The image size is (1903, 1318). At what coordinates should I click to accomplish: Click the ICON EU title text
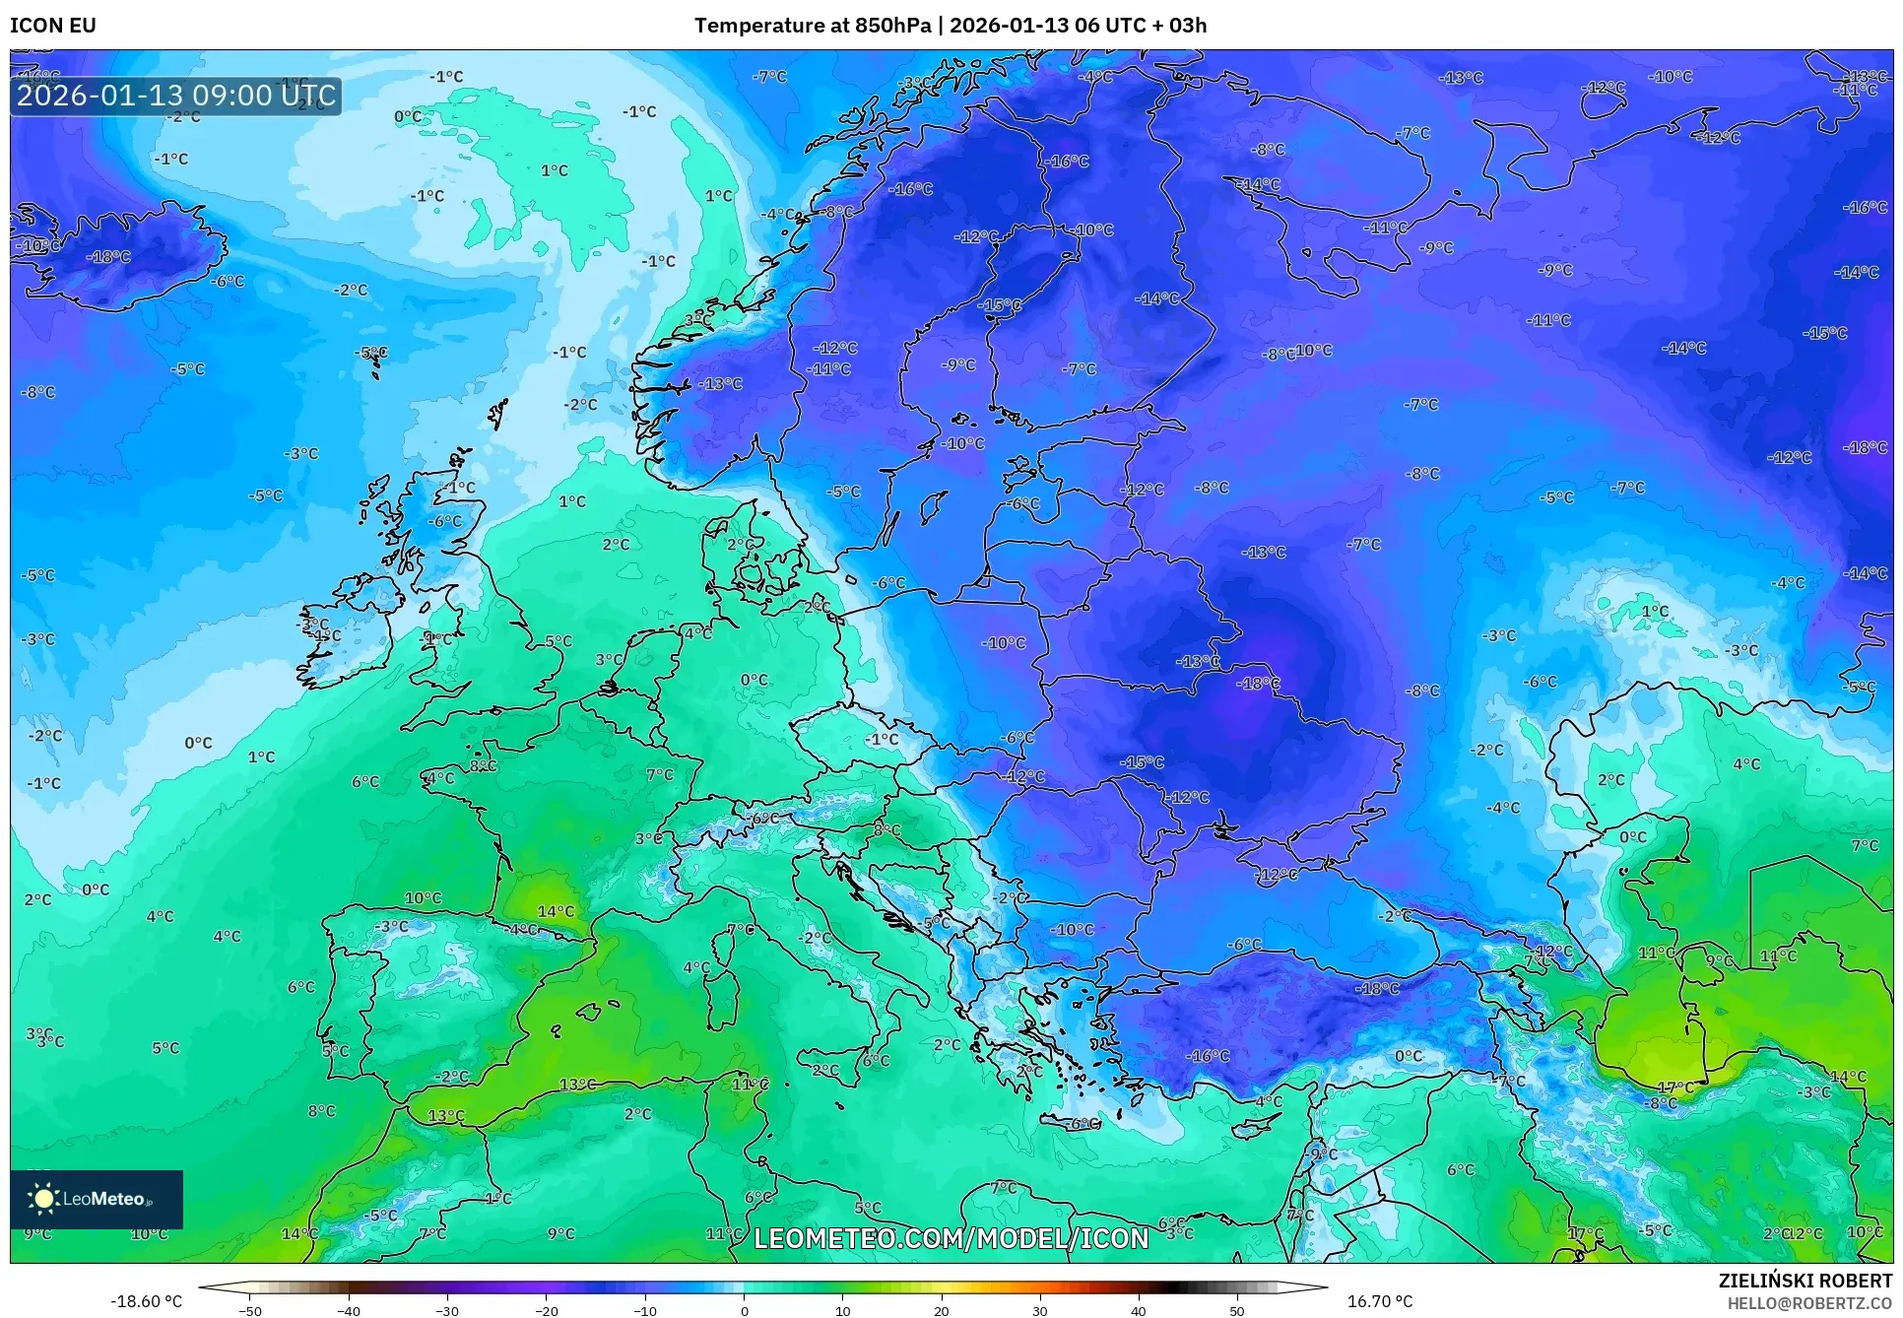pos(53,26)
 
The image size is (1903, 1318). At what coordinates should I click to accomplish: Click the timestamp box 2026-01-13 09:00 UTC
pos(176,96)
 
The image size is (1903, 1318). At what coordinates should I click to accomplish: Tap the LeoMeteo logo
pos(96,1199)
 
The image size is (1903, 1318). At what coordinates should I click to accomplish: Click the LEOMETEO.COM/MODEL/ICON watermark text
pos(951,1238)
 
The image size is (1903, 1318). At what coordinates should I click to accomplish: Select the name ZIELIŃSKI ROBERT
pos(1805,1281)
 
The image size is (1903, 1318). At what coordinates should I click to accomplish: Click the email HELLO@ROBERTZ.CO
pos(1809,1303)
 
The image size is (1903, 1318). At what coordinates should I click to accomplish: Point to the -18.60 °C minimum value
pos(146,1301)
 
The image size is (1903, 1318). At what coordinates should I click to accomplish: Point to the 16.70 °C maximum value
pos(1379,1301)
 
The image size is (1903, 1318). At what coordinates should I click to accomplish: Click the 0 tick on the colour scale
pos(744,1310)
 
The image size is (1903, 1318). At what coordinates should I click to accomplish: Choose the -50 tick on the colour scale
pos(250,1310)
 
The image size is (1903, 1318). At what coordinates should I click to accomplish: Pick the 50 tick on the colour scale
pos(1237,1310)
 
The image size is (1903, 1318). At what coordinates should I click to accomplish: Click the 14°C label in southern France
pos(556,911)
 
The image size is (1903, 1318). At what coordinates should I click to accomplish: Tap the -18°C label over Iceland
pos(108,256)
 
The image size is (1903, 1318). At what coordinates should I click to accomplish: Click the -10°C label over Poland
pos(1004,642)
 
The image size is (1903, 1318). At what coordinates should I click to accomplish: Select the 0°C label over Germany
pos(754,680)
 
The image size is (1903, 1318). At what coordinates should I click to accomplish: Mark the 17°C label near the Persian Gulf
pos(1674,1087)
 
